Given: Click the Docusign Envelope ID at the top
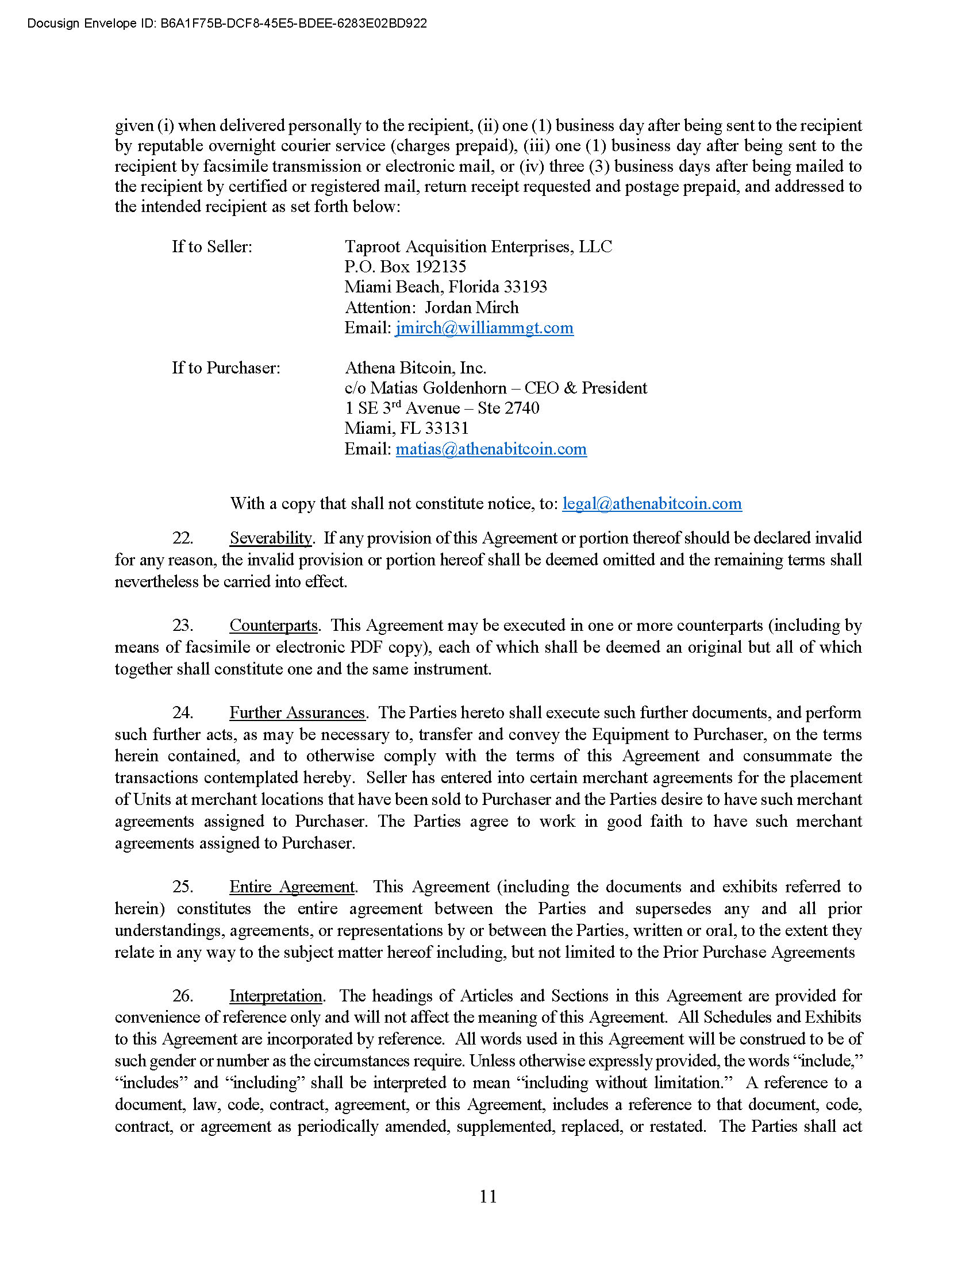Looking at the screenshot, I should click(227, 24).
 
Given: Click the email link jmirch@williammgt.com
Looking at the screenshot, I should click(484, 328).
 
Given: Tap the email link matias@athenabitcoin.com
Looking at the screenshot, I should click(491, 449).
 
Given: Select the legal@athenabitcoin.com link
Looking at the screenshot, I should click(652, 503).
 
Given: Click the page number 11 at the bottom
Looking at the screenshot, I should click(488, 1196).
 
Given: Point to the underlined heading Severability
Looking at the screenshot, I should click(270, 538).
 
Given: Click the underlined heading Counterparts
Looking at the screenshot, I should click(273, 626).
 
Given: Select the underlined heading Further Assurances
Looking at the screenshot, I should click(297, 713).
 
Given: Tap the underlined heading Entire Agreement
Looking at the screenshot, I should click(292, 887).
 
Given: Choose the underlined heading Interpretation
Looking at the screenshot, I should click(275, 996).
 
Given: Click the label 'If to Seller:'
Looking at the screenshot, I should click(212, 247).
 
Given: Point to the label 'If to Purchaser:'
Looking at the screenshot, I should click(226, 368).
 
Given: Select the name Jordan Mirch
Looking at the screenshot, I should click(472, 308).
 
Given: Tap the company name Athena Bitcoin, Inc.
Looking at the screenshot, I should click(415, 368).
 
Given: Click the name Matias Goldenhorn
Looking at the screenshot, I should click(438, 388).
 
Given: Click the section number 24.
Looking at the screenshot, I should click(182, 713).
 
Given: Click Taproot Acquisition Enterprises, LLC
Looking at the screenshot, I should click(478, 247).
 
